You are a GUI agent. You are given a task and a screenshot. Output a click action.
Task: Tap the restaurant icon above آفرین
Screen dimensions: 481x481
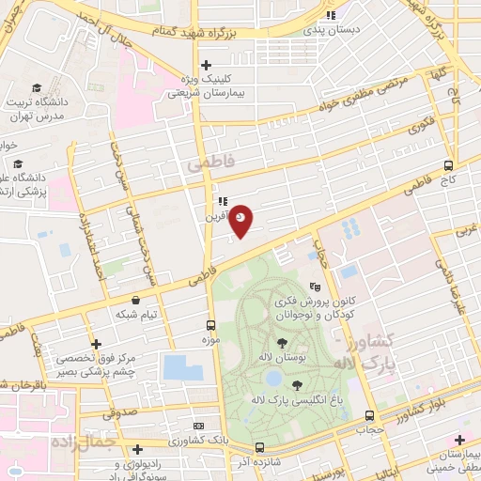pyautogui.click(x=222, y=201)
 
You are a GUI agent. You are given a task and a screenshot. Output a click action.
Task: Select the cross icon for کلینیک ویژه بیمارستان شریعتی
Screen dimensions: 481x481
pyautogui.click(x=206, y=64)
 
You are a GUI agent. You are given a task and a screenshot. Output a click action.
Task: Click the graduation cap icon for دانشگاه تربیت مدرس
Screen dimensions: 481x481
pyautogui.click(x=35, y=85)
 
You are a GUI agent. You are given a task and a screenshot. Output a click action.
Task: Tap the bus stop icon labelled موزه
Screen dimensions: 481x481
pyautogui.click(x=210, y=326)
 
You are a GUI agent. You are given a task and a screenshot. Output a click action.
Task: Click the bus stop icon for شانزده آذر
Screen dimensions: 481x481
pyautogui.click(x=259, y=447)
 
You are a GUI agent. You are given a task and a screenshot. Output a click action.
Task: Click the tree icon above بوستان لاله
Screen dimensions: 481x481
pyautogui.click(x=282, y=342)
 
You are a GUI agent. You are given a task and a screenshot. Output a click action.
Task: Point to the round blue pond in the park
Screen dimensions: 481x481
pyautogui.click(x=273, y=378)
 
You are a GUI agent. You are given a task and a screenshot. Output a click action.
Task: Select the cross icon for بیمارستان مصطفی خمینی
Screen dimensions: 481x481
pyautogui.click(x=459, y=440)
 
